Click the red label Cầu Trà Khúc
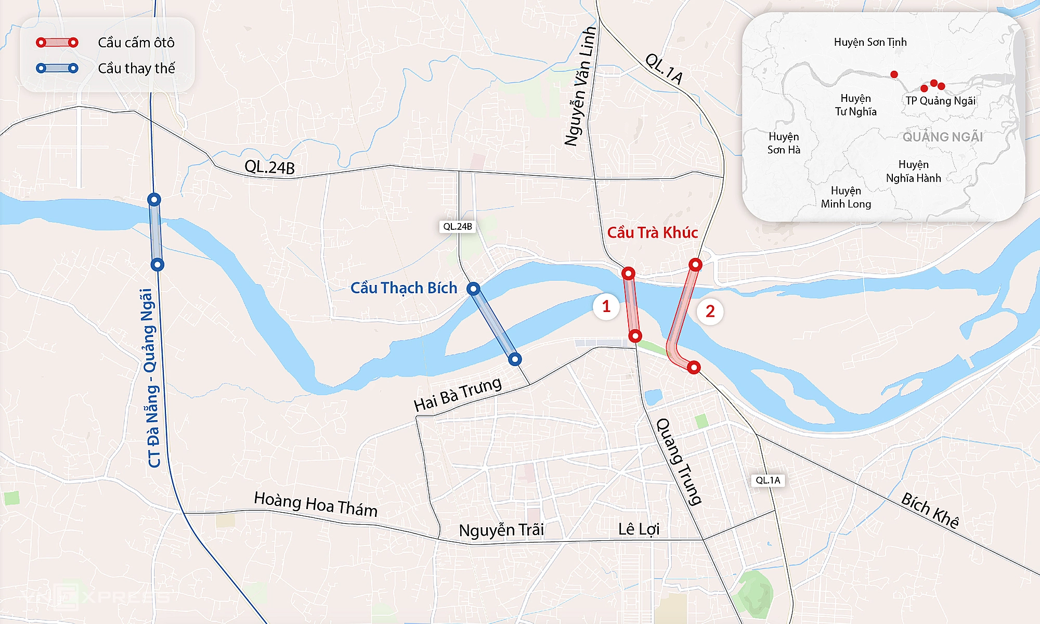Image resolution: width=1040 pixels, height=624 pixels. [652, 232]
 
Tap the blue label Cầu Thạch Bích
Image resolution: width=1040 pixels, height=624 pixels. [404, 288]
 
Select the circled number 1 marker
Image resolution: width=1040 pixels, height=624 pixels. [606, 307]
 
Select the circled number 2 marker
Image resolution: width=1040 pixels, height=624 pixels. [710, 311]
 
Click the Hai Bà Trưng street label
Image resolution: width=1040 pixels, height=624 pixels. [458, 394]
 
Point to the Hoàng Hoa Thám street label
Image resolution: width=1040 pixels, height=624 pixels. [316, 504]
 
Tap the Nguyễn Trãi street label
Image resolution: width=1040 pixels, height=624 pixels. [501, 530]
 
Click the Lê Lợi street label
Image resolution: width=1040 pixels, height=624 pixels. [639, 529]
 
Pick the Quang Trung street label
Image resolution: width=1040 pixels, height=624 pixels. [679, 461]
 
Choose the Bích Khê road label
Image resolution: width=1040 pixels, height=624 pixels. [930, 510]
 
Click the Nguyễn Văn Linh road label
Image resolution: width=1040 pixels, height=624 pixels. [580, 86]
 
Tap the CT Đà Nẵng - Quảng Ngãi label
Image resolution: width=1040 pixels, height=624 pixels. [151, 378]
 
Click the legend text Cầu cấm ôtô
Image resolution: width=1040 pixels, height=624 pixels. [136, 43]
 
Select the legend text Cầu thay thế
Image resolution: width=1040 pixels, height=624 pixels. [136, 69]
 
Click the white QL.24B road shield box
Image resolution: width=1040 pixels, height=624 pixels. [458, 227]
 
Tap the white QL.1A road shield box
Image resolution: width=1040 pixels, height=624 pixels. [768, 480]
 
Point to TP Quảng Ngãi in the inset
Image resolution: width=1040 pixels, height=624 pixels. [940, 101]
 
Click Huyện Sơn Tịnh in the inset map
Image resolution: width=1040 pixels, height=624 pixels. [870, 42]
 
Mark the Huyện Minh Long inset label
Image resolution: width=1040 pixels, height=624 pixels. [846, 198]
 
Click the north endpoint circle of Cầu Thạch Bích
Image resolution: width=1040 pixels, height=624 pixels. [473, 289]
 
